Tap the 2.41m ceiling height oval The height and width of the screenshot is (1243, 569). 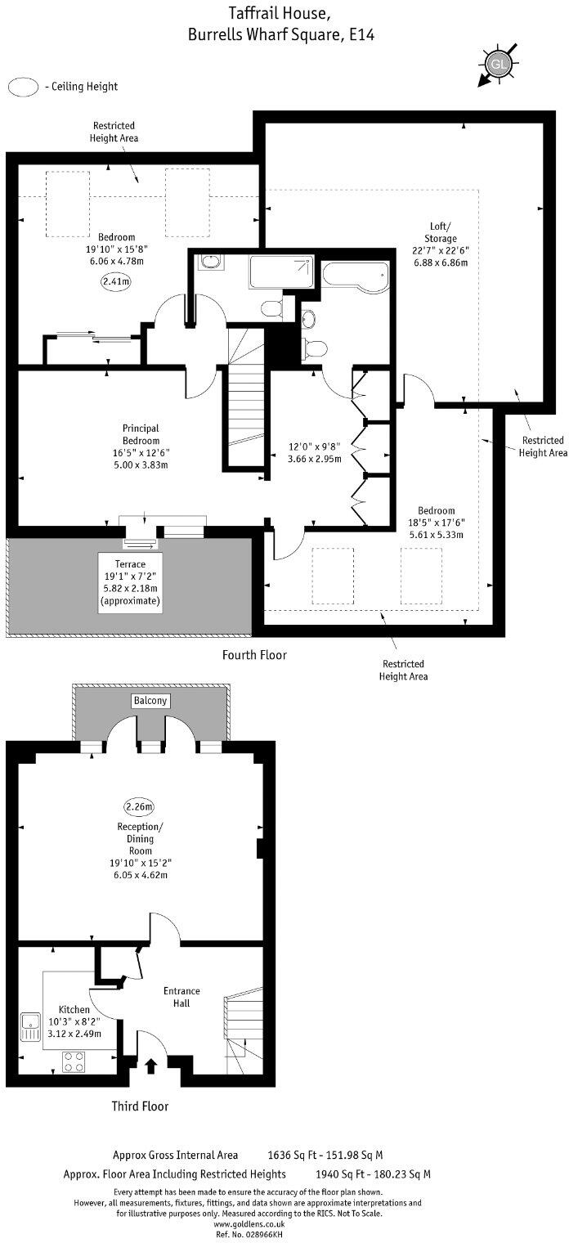[x=116, y=281]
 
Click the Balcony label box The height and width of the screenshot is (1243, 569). [x=150, y=701]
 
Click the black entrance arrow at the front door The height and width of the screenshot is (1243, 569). [x=151, y=1065]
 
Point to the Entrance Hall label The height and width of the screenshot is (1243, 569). [x=181, y=997]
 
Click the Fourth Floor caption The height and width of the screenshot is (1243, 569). [x=254, y=655]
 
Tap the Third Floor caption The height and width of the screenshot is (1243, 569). [x=140, y=1106]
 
